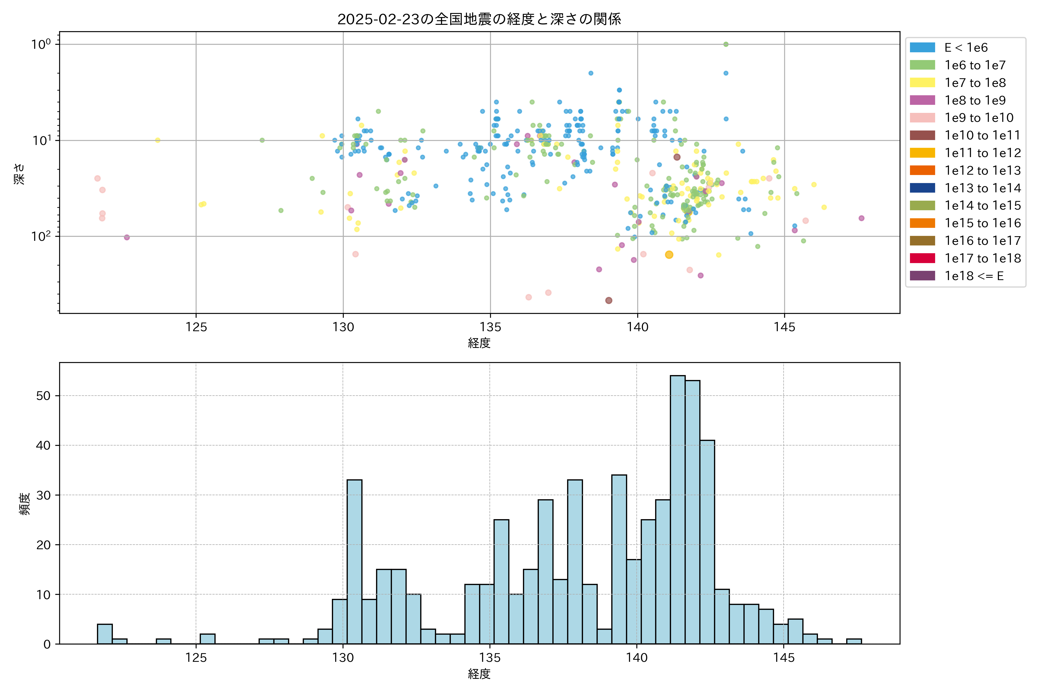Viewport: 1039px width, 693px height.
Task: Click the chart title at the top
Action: pyautogui.click(x=479, y=19)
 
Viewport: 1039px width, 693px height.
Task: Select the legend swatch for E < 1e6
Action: pyautogui.click(x=922, y=48)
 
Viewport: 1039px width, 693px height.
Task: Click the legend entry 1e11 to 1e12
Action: pyautogui.click(x=982, y=153)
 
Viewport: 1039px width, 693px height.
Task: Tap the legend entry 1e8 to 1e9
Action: pyautogui.click(x=975, y=100)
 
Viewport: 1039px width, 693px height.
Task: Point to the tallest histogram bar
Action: pyautogui.click(x=678, y=508)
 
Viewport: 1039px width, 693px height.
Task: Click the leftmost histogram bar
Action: pyautogui.click(x=105, y=634)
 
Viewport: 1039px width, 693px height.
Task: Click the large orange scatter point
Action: pyautogui.click(x=669, y=255)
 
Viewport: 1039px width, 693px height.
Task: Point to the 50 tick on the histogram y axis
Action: pyautogui.click(x=43, y=396)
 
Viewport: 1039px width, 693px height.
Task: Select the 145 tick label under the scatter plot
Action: pyautogui.click(x=784, y=327)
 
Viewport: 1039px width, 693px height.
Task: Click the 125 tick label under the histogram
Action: pyautogui.click(x=196, y=658)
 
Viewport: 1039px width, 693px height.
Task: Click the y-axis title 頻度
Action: pyautogui.click(x=25, y=504)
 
